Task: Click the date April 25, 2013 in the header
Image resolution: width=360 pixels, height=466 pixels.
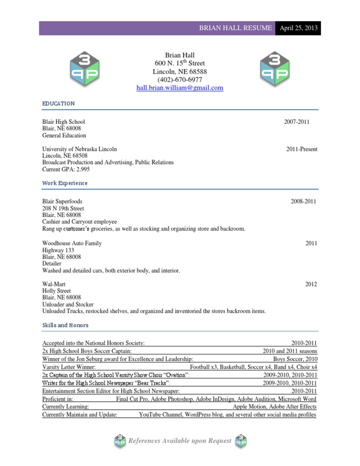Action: click(x=299, y=28)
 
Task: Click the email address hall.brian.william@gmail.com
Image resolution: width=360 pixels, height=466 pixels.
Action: click(x=180, y=88)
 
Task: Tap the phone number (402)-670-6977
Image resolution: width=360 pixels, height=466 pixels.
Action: click(x=180, y=80)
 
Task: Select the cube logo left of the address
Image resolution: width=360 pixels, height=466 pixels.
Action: click(x=84, y=68)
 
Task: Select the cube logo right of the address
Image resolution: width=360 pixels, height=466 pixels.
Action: click(x=275, y=68)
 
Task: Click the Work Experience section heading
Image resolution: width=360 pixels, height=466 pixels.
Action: click(x=65, y=183)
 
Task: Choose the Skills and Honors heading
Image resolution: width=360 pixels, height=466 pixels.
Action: click(x=65, y=325)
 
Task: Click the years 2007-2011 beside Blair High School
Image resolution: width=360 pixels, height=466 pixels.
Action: click(x=297, y=122)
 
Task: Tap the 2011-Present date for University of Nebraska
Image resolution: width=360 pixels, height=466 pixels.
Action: click(x=302, y=149)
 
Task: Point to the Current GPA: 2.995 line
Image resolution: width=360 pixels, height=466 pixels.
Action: click(x=66, y=169)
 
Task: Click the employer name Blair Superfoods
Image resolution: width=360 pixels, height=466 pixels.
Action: click(x=62, y=202)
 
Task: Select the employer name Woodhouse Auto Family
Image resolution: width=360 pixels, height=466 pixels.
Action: click(x=72, y=243)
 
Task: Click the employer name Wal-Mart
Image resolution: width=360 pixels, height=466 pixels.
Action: click(x=54, y=284)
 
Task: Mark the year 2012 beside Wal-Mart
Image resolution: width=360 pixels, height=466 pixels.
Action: click(x=311, y=284)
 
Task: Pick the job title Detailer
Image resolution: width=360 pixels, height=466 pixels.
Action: click(x=52, y=264)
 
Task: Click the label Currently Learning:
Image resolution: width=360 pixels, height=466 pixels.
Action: click(x=66, y=406)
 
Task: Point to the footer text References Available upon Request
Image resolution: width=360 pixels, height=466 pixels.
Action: click(x=180, y=441)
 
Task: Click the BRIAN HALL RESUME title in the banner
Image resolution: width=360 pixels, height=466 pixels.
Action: click(x=235, y=28)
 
